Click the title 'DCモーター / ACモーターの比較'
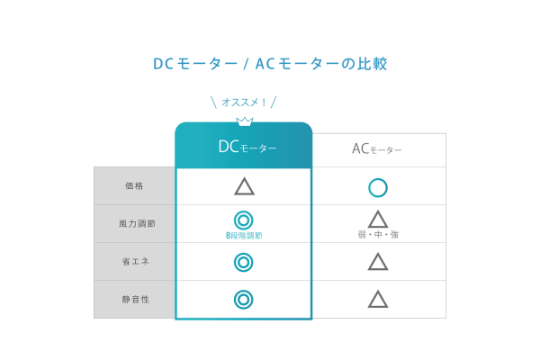pyautogui.click(x=270, y=64)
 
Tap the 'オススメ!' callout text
pyautogui.click(x=244, y=103)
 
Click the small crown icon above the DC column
pyautogui.click(x=245, y=121)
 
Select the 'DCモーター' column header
pyautogui.click(x=247, y=147)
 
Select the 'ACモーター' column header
pyautogui.click(x=377, y=149)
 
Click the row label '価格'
pyautogui.click(x=134, y=186)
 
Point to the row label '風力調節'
pyautogui.click(x=137, y=223)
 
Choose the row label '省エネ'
pyautogui.click(x=135, y=262)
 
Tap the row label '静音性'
pyautogui.click(x=135, y=300)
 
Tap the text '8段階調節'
pyautogui.click(x=244, y=235)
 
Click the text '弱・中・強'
pyautogui.click(x=378, y=235)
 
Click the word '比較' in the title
pyautogui.click(x=373, y=64)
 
